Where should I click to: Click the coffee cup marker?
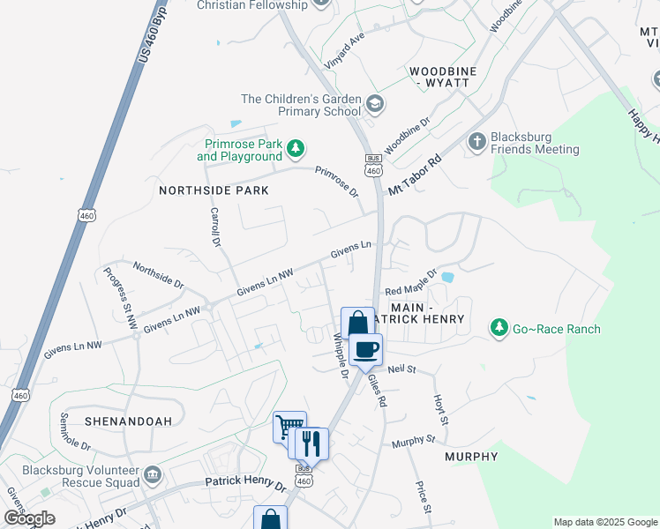[364, 349]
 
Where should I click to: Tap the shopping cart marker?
[289, 428]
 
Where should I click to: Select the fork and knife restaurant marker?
[310, 443]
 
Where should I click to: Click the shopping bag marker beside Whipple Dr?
[357, 323]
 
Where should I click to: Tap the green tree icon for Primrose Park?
[298, 147]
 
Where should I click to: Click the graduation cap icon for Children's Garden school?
[375, 105]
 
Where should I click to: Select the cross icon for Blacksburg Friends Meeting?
[476, 142]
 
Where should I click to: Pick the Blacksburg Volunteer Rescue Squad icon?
[154, 475]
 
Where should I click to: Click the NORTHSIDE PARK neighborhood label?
[200, 190]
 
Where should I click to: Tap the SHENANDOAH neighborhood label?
[129, 421]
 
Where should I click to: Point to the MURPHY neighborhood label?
[471, 457]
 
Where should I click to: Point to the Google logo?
[29, 518]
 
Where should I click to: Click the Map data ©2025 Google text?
[604, 522]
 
